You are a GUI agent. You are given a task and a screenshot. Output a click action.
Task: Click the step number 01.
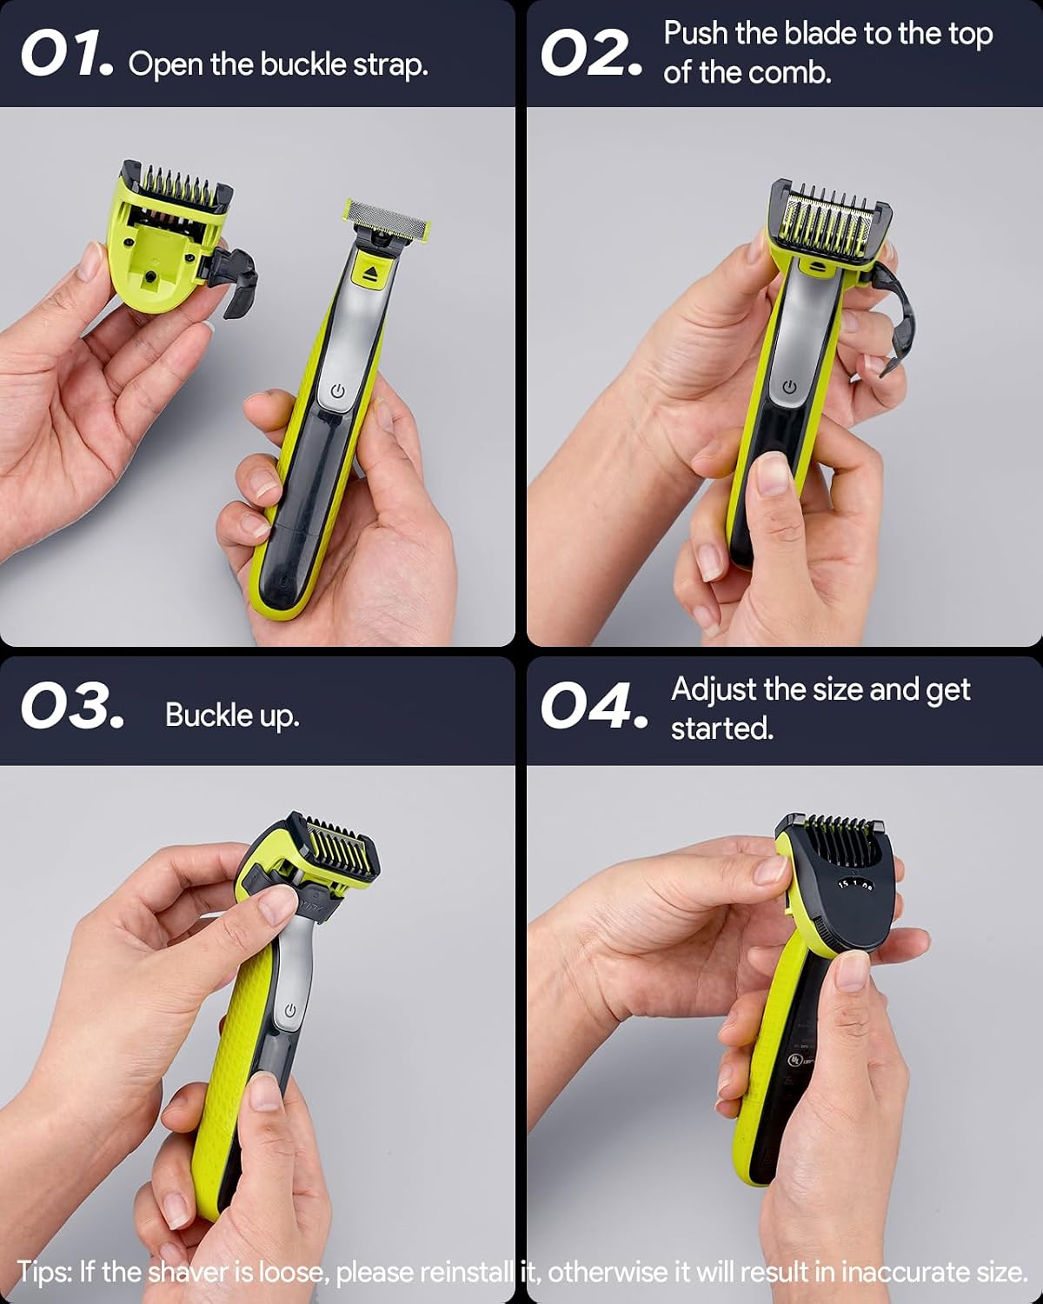pyautogui.click(x=67, y=54)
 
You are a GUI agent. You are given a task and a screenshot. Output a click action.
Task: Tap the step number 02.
pyautogui.click(x=591, y=54)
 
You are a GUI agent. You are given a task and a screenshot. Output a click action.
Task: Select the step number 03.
pyautogui.click(x=72, y=706)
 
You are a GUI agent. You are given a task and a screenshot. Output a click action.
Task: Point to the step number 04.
pyautogui.click(x=594, y=706)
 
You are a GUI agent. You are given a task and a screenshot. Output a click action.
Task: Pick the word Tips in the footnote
pyautogui.click(x=43, y=1271)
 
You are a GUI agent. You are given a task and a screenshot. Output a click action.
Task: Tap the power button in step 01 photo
pyautogui.click(x=337, y=391)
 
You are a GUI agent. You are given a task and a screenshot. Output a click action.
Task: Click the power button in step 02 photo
pyautogui.click(x=788, y=387)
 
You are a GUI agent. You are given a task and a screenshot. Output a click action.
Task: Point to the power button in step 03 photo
pyautogui.click(x=290, y=1010)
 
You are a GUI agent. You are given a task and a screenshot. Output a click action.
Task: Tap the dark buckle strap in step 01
pyautogui.click(x=236, y=279)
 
